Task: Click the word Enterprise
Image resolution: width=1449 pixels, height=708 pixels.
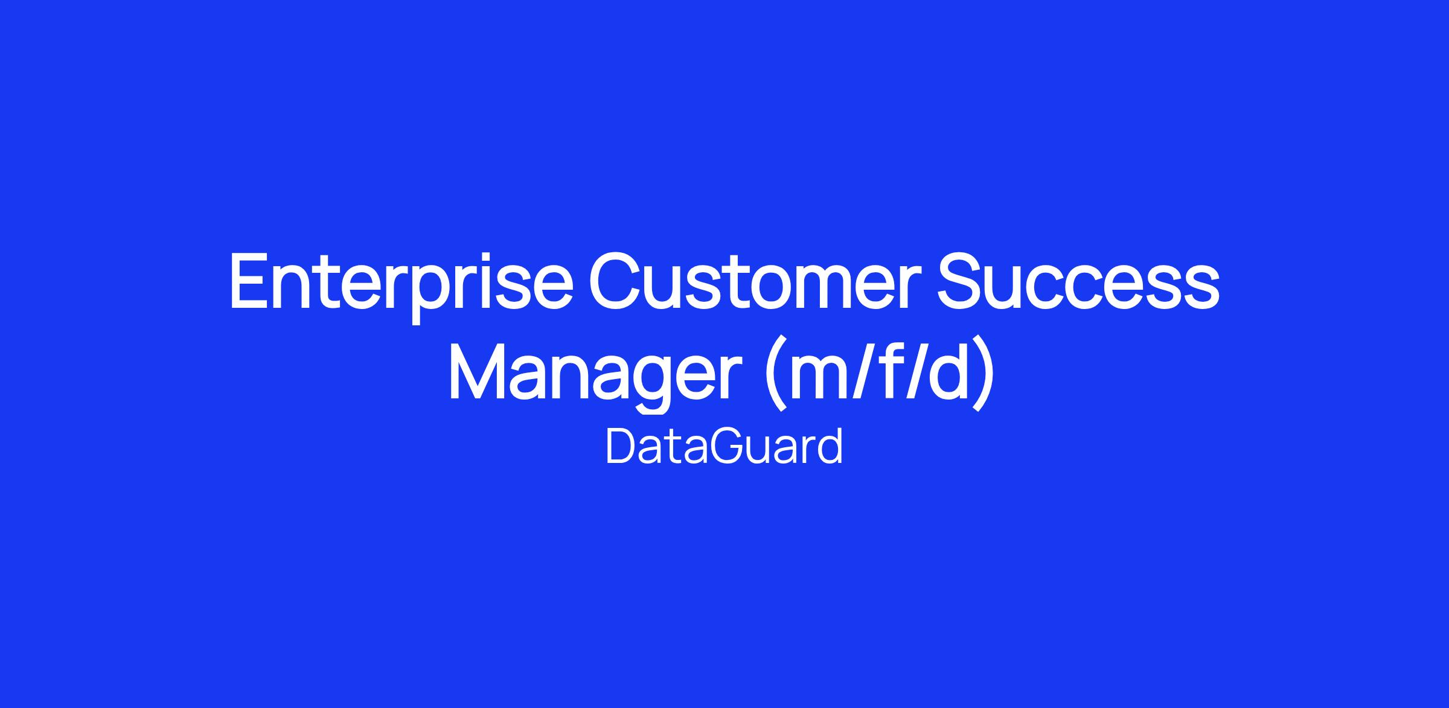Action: click(x=401, y=286)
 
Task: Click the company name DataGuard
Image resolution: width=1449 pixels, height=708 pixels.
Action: click(x=724, y=447)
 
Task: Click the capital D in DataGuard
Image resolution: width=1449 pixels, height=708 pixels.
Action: click(x=622, y=447)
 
